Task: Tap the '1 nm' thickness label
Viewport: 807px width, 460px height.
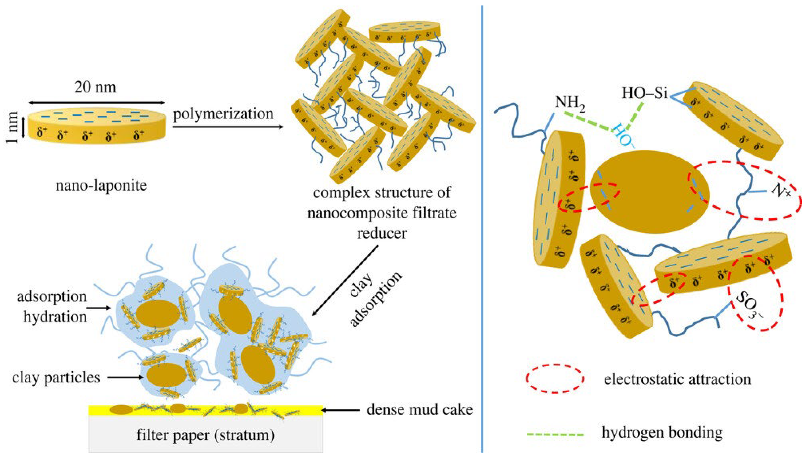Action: click(13, 127)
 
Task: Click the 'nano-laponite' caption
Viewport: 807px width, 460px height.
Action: click(101, 185)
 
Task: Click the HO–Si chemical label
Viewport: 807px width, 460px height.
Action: click(645, 93)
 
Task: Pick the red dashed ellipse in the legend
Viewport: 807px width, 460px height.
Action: click(555, 378)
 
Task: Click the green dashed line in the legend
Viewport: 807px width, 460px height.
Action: click(555, 434)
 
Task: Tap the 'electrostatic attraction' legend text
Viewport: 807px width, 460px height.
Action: click(677, 379)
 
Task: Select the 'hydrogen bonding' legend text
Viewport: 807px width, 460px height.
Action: click(662, 432)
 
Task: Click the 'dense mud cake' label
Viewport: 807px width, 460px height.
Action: click(420, 410)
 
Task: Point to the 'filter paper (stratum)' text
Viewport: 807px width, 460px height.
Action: click(205, 435)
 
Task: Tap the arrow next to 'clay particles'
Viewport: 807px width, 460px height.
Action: click(125, 377)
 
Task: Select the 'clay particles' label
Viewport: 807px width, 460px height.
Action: click(56, 377)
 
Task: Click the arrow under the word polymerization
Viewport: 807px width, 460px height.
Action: click(228, 127)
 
